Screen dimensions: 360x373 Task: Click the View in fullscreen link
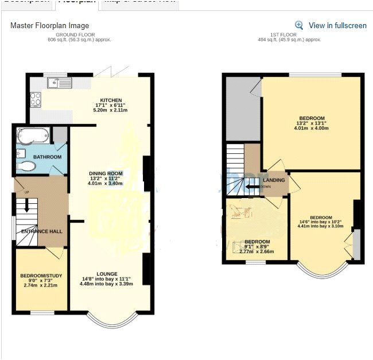coord(337,26)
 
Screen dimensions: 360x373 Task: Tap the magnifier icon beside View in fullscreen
coord(299,25)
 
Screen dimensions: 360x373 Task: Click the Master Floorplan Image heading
coord(50,26)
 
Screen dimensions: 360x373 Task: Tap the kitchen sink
coord(65,83)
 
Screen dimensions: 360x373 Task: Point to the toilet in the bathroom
coord(28,167)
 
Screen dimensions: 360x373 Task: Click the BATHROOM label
coord(47,157)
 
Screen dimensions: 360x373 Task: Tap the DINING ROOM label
coord(106,173)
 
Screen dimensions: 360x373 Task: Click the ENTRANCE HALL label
coord(41,231)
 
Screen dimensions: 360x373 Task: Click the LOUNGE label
coord(107,274)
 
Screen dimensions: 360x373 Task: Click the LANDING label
coord(274,180)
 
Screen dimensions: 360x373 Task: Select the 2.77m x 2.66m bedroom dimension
coord(257,251)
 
